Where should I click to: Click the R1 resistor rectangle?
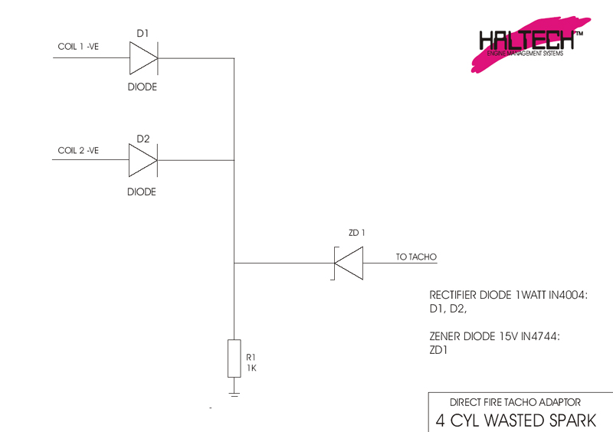click(234, 358)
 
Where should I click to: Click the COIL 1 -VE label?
click(79, 47)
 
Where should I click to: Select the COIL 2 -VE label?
click(79, 151)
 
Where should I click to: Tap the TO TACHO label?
click(416, 257)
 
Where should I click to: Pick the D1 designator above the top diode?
click(143, 34)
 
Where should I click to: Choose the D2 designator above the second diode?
click(143, 139)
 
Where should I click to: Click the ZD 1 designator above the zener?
click(357, 233)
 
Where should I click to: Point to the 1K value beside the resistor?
click(251, 368)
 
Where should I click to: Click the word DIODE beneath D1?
click(142, 87)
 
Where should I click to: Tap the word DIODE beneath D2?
click(142, 191)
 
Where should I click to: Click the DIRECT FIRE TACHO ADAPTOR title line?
click(515, 401)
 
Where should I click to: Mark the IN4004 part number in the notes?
click(565, 296)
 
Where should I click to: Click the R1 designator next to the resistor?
click(251, 358)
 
